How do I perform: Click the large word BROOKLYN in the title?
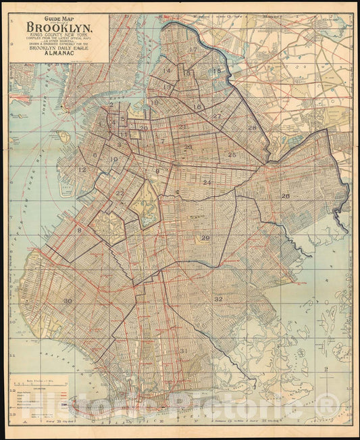pos(60,28)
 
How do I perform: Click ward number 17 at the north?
pos(193,49)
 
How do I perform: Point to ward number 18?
pos(217,71)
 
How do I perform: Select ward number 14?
pos(167,70)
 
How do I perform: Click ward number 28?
pos(252,128)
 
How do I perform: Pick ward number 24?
pos(207,182)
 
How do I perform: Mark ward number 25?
pos(232,155)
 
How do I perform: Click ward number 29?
pos(205,238)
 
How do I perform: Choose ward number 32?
pos(218,299)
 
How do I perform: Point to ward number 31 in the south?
pos(184,350)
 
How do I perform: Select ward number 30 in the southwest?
pos(68,301)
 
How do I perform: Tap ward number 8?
pos(79,230)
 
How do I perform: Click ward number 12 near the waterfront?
pos(82,170)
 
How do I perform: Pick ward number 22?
pos(120,193)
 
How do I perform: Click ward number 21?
pos(182,126)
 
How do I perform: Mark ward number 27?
pos(217,116)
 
